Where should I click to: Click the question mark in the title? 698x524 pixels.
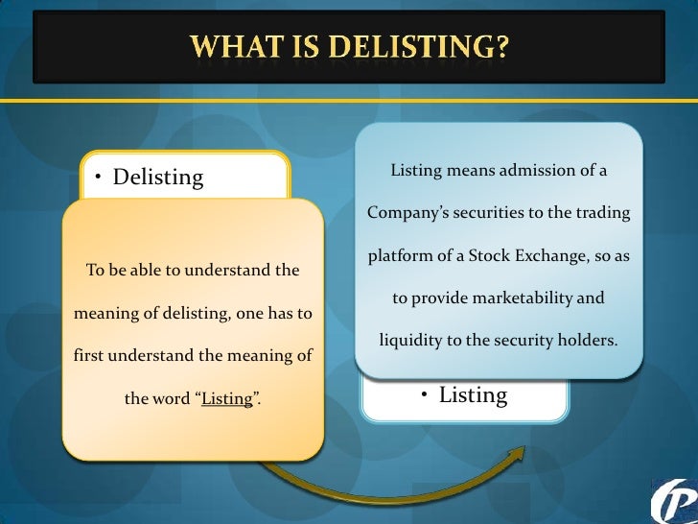click(500, 45)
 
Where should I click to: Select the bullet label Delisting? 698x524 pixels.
click(158, 178)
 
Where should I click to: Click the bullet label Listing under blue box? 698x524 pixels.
click(473, 394)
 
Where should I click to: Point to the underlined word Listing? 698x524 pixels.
click(227, 398)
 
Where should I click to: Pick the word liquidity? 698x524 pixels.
click(409, 341)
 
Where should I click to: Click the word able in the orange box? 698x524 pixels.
click(145, 271)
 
